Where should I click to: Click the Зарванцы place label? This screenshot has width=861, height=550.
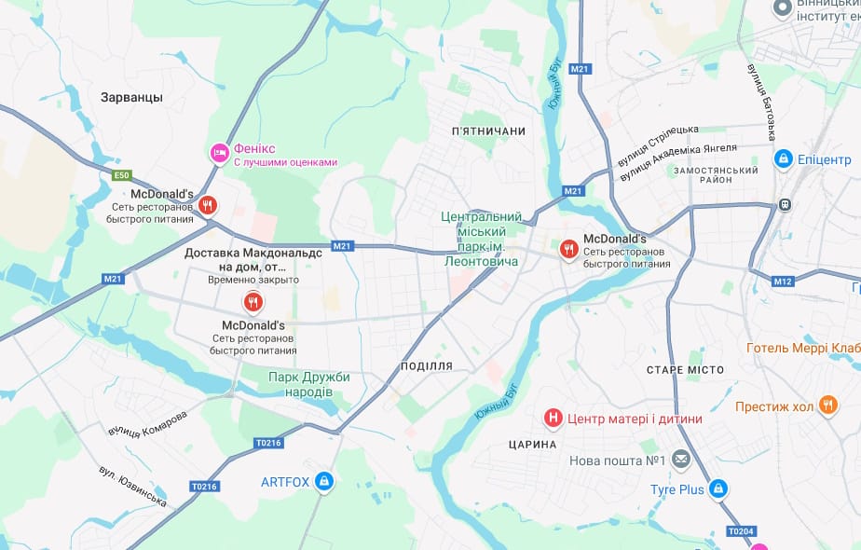(131, 97)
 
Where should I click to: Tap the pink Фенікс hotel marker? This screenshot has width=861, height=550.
(219, 152)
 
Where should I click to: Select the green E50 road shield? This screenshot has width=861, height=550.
(122, 175)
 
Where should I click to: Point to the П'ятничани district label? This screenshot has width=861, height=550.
(488, 131)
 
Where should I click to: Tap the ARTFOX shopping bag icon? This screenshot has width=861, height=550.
(323, 481)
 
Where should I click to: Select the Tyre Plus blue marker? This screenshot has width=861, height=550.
(717, 488)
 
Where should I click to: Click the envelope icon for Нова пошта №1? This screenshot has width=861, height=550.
(681, 460)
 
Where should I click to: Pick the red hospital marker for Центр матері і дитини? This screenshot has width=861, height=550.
(553, 418)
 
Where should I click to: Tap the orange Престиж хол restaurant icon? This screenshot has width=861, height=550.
(827, 405)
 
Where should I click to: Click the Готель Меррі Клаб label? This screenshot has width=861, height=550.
(802, 349)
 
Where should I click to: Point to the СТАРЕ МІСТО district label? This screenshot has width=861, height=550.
(685, 370)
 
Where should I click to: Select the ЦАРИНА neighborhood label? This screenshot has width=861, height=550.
(533, 445)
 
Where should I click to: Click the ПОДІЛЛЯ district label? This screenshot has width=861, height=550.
(426, 366)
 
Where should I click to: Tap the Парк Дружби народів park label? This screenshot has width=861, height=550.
(308, 384)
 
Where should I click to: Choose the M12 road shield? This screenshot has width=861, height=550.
(783, 282)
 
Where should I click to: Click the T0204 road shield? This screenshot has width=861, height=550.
(740, 531)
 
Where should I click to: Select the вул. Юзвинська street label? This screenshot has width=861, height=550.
(133, 487)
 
